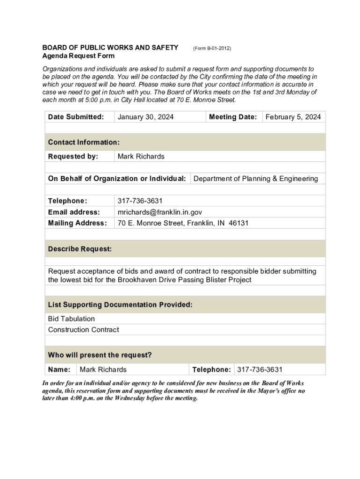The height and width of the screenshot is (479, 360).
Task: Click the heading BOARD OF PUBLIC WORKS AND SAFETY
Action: tap(110, 48)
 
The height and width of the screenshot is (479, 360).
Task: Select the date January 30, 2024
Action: tap(145, 117)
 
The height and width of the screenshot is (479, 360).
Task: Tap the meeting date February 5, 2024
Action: tap(293, 117)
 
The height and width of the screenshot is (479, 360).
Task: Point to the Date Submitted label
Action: tap(76, 117)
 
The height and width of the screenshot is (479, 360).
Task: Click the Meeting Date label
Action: tap(233, 117)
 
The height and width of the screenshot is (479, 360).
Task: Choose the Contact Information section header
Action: tap(84, 142)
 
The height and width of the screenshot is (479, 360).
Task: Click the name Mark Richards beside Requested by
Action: tap(141, 156)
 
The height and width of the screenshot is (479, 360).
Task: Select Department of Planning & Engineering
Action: tap(256, 179)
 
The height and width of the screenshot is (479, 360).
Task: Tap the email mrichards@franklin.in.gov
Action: tap(159, 212)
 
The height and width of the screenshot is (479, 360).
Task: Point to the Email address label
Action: tap(74, 212)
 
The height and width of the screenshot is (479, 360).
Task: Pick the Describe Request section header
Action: tap(80, 249)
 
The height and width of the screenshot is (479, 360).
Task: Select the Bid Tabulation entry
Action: tap(71, 319)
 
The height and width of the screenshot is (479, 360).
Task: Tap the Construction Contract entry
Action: tap(83, 330)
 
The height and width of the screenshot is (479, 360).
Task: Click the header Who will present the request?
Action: tap(100, 355)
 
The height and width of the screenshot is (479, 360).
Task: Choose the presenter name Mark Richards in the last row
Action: tap(103, 370)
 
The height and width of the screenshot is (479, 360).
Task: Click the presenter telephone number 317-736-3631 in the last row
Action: tap(260, 370)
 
